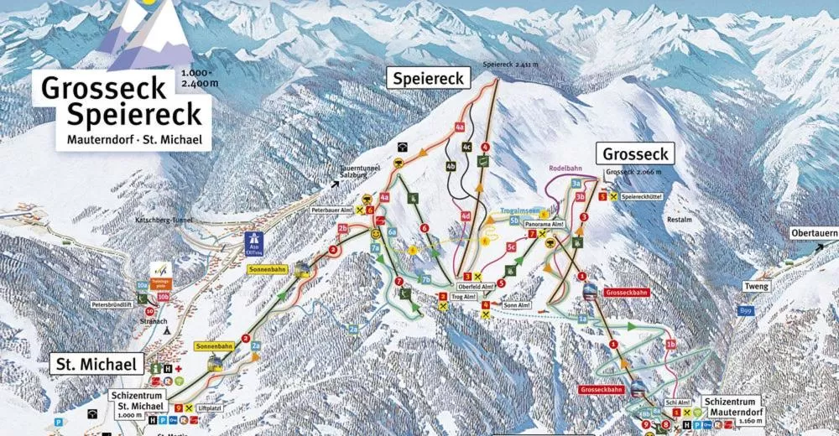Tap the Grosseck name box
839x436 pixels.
point(634,153)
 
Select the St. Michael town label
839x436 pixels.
point(96,364)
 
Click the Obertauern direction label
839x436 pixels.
point(814,233)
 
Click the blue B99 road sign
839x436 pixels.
point(744,310)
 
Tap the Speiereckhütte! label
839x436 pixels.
point(648,196)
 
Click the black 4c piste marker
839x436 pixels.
point(467,147)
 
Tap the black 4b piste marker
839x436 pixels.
point(451,166)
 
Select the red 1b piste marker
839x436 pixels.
point(670,344)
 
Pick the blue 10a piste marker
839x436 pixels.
point(142,286)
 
